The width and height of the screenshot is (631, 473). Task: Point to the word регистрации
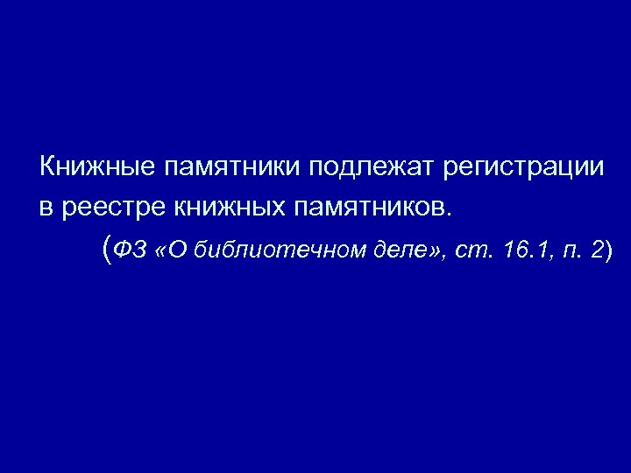[523, 166]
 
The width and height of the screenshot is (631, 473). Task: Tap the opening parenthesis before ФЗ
[107, 251]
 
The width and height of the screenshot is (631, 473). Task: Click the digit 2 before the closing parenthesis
[597, 251]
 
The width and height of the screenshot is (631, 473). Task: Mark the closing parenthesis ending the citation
[609, 251]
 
